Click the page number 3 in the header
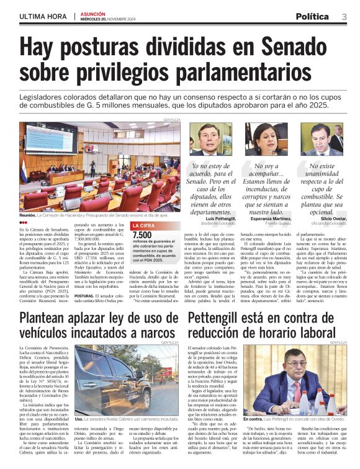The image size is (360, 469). pos(344,16)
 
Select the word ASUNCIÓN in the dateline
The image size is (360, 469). pos(94,13)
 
